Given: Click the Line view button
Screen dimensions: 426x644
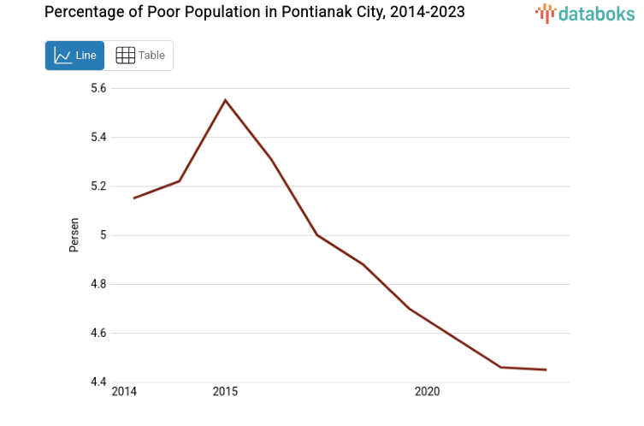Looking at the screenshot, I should point(74,56).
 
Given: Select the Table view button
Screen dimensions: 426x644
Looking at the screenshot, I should point(139,56).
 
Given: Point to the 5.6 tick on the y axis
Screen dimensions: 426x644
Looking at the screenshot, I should point(98,88).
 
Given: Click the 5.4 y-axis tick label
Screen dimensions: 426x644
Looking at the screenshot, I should point(98,137).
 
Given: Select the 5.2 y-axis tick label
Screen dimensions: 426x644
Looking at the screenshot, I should point(98,186).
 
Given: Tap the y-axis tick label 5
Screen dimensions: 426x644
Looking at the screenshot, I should point(103,235).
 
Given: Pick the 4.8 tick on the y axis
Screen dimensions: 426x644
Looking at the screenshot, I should point(98,284).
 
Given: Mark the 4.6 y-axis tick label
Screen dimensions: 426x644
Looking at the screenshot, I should point(98,334).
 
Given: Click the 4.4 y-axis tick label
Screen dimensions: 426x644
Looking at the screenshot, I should point(98,382).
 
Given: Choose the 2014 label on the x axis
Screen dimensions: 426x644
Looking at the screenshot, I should point(124,392).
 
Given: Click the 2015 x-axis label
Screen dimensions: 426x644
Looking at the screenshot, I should point(225,392).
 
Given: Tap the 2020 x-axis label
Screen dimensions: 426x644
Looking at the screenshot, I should point(427,392).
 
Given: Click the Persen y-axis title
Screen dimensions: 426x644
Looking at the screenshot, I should point(74,234).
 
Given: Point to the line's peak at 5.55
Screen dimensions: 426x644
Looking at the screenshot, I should point(225,100).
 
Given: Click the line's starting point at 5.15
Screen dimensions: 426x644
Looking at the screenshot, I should point(133,198).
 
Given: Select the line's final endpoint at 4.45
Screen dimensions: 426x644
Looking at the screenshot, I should point(546,370).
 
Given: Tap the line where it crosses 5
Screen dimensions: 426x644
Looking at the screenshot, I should point(317,235).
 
